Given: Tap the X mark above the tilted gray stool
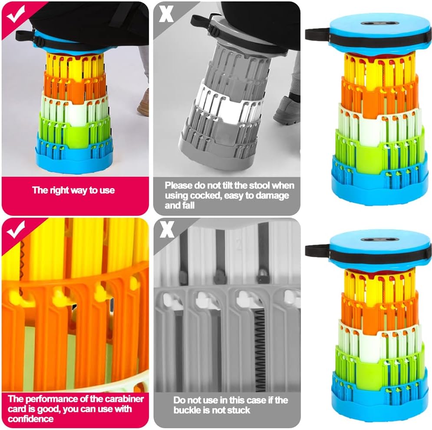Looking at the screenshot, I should (166, 14).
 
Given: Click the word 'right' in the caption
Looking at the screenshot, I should (62, 190).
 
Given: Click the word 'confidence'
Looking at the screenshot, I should (30, 419).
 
